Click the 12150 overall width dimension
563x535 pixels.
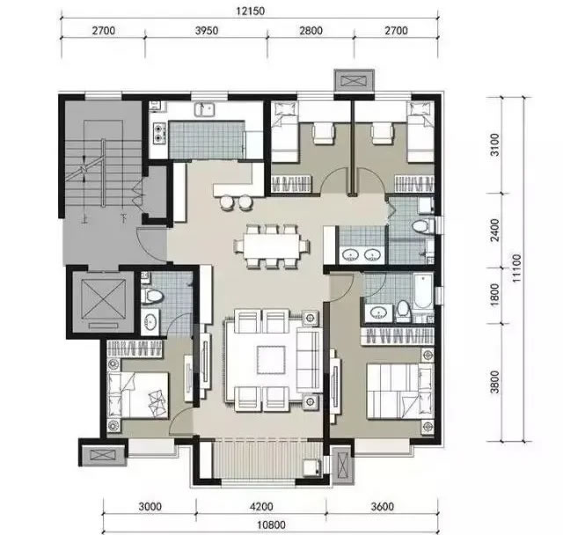pyautogui.click(x=250, y=11)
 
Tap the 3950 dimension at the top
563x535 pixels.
pyautogui.click(x=207, y=31)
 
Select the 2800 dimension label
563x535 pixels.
pyautogui.click(x=311, y=31)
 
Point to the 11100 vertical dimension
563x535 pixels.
pyautogui.click(x=516, y=268)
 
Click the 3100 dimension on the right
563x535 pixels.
pyautogui.click(x=494, y=144)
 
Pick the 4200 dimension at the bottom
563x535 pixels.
pyautogui.click(x=261, y=507)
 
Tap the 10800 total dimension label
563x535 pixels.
pyautogui.click(x=272, y=525)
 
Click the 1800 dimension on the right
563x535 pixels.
pyautogui.click(x=494, y=295)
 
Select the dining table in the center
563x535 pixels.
pyautogui.click(x=272, y=246)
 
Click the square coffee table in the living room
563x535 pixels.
pyautogui.click(x=271, y=360)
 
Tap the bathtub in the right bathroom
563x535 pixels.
pyautogui.click(x=423, y=291)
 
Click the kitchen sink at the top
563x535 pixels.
pyautogui.click(x=205, y=109)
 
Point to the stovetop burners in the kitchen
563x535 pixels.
pyautogui.click(x=158, y=132)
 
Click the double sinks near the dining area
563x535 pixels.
pyautogui.click(x=362, y=255)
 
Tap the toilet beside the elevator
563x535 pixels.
pyautogui.click(x=152, y=296)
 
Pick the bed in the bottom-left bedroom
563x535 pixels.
pyautogui.click(x=138, y=395)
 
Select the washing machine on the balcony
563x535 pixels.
pyautogui.click(x=311, y=467)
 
